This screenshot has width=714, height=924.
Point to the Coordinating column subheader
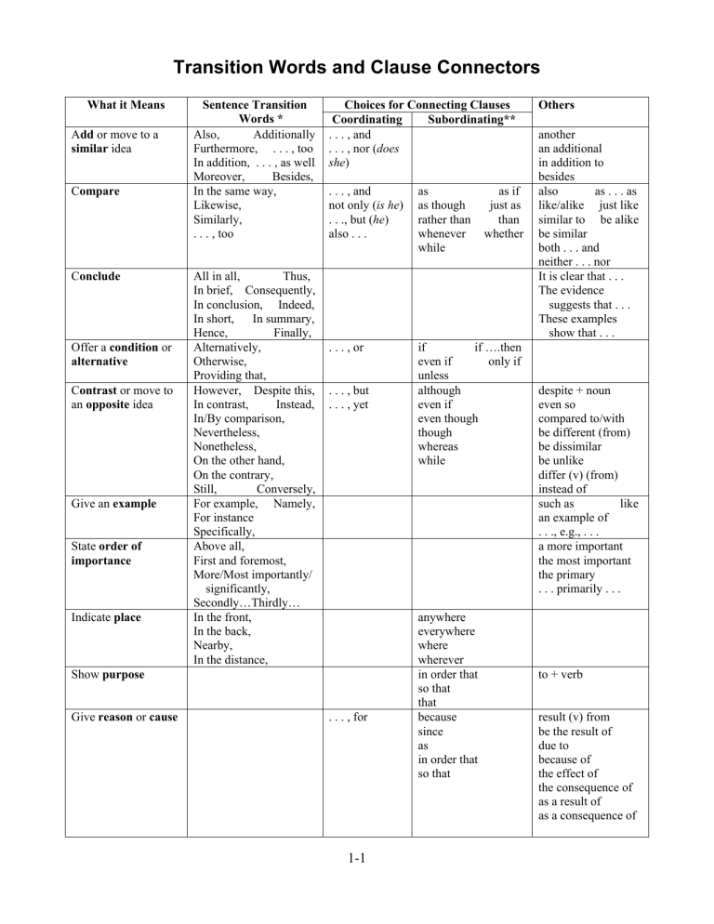(361, 120)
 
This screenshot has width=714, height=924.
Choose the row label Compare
(98, 191)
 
